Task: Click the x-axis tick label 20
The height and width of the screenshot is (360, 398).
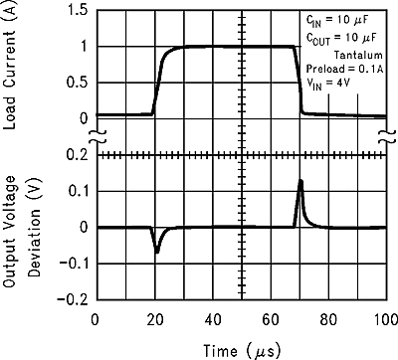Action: pyautogui.click(x=153, y=319)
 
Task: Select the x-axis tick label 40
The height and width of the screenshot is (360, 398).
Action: pyautogui.click(x=212, y=319)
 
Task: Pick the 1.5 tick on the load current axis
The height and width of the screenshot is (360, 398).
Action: pyautogui.click(x=76, y=10)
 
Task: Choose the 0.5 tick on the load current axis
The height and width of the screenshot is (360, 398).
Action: pyautogui.click(x=76, y=82)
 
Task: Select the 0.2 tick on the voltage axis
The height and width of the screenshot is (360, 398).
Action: pyautogui.click(x=76, y=155)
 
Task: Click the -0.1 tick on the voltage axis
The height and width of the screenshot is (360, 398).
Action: pyautogui.click(x=73, y=263)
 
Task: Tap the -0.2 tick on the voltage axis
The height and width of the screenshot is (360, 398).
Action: pyautogui.click(x=73, y=298)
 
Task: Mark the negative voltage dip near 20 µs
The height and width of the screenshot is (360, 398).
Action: pyautogui.click(x=156, y=252)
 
